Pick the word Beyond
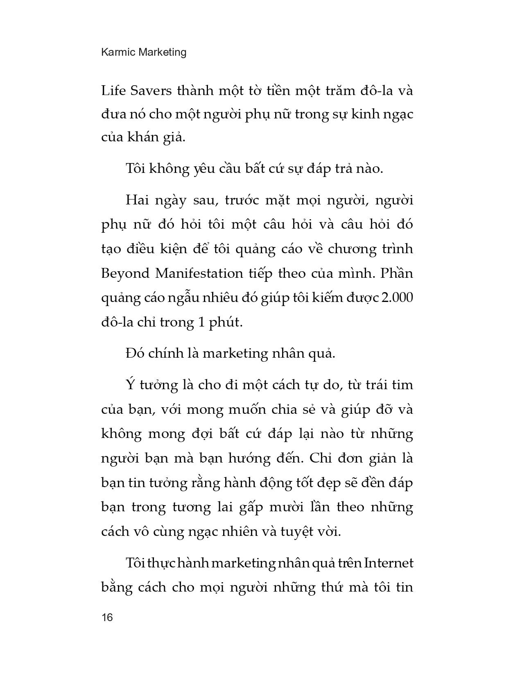pos(125,273)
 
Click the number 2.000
pos(397,297)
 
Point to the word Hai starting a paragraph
pos(138,200)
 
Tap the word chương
pos(353,249)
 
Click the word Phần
pos(397,273)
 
